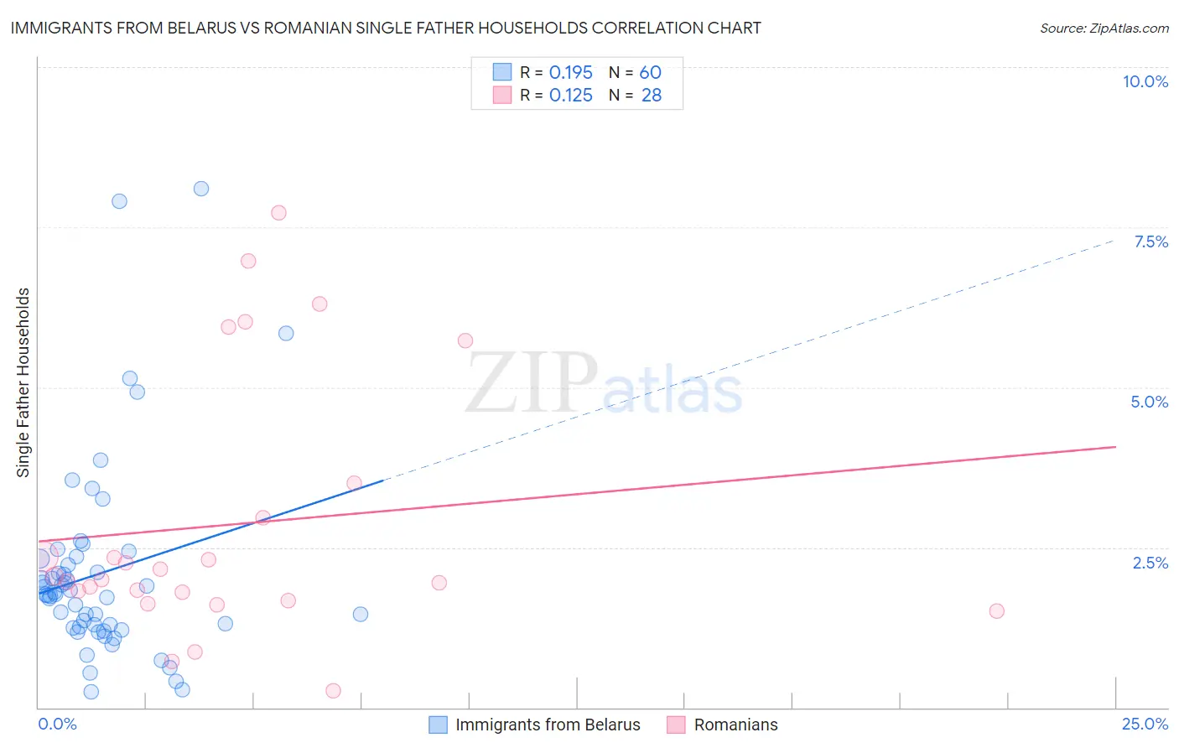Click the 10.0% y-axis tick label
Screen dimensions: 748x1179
[1145, 81]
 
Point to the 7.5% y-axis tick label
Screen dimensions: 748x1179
[1150, 242]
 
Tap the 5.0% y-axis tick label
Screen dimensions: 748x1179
[1149, 402]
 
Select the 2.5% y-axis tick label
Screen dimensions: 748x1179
[1150, 563]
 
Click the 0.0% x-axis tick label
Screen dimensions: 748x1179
[57, 724]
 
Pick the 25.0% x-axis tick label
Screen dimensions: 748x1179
[1145, 724]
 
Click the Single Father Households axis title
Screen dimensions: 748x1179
[23, 382]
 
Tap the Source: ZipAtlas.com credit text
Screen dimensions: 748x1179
[1104, 28]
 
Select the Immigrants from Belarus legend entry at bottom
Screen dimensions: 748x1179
[547, 725]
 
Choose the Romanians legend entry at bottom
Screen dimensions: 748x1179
[735, 725]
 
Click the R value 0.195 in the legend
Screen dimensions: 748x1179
[570, 73]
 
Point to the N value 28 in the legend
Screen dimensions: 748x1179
[652, 96]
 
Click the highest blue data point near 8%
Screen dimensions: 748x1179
[201, 189]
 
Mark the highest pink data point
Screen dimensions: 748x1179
[278, 213]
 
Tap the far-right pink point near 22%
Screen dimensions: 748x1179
[996, 610]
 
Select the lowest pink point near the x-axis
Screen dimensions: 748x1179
[333, 691]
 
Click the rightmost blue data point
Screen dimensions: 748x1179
[361, 614]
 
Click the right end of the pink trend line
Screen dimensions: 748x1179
[1115, 447]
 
